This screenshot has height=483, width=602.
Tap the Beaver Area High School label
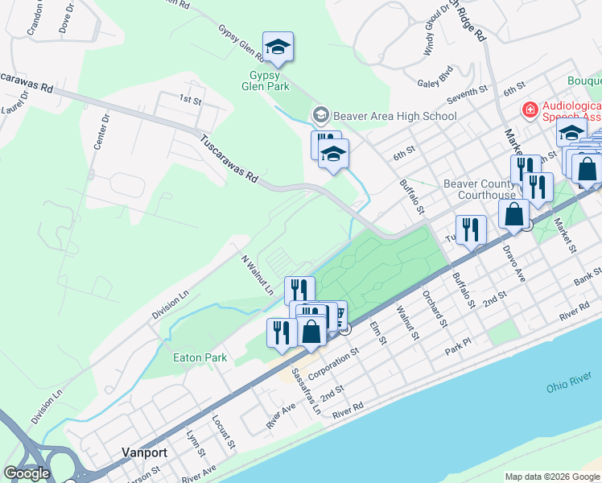point(394,116)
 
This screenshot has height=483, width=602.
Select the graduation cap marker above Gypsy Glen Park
point(278,47)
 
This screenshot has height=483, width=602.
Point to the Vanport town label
point(144,452)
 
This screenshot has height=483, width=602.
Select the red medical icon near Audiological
point(530,109)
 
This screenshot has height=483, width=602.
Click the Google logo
point(27,473)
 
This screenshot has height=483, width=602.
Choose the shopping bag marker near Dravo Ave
point(513,214)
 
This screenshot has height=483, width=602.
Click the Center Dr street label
point(100,131)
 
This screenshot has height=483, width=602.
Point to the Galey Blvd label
point(435,83)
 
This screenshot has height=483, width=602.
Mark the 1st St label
point(189,99)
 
